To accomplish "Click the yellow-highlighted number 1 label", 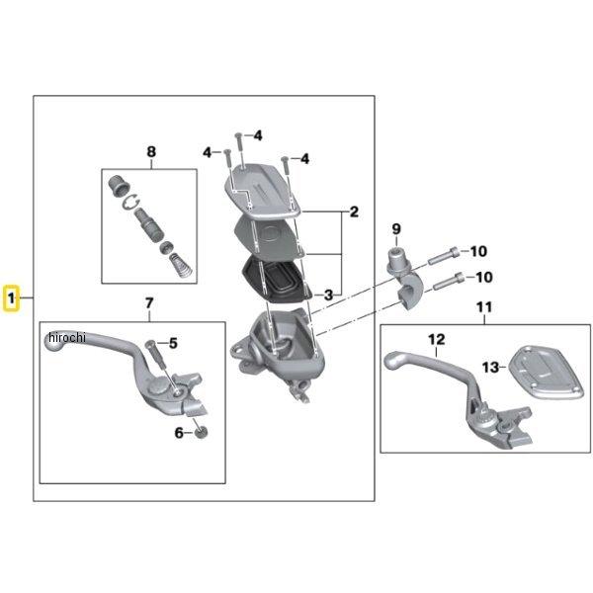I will click(12, 297).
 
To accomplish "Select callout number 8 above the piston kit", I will click(151, 151).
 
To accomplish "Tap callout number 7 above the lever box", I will click(149, 302).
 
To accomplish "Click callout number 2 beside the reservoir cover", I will click(352, 212).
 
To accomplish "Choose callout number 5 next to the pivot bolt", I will click(173, 344).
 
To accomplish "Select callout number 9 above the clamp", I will click(395, 230).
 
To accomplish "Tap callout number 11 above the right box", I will click(483, 307).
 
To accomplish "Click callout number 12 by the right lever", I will click(436, 339).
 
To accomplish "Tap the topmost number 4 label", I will click(257, 135).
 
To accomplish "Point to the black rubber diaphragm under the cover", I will click(279, 279).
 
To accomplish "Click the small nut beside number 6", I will click(202, 430).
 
